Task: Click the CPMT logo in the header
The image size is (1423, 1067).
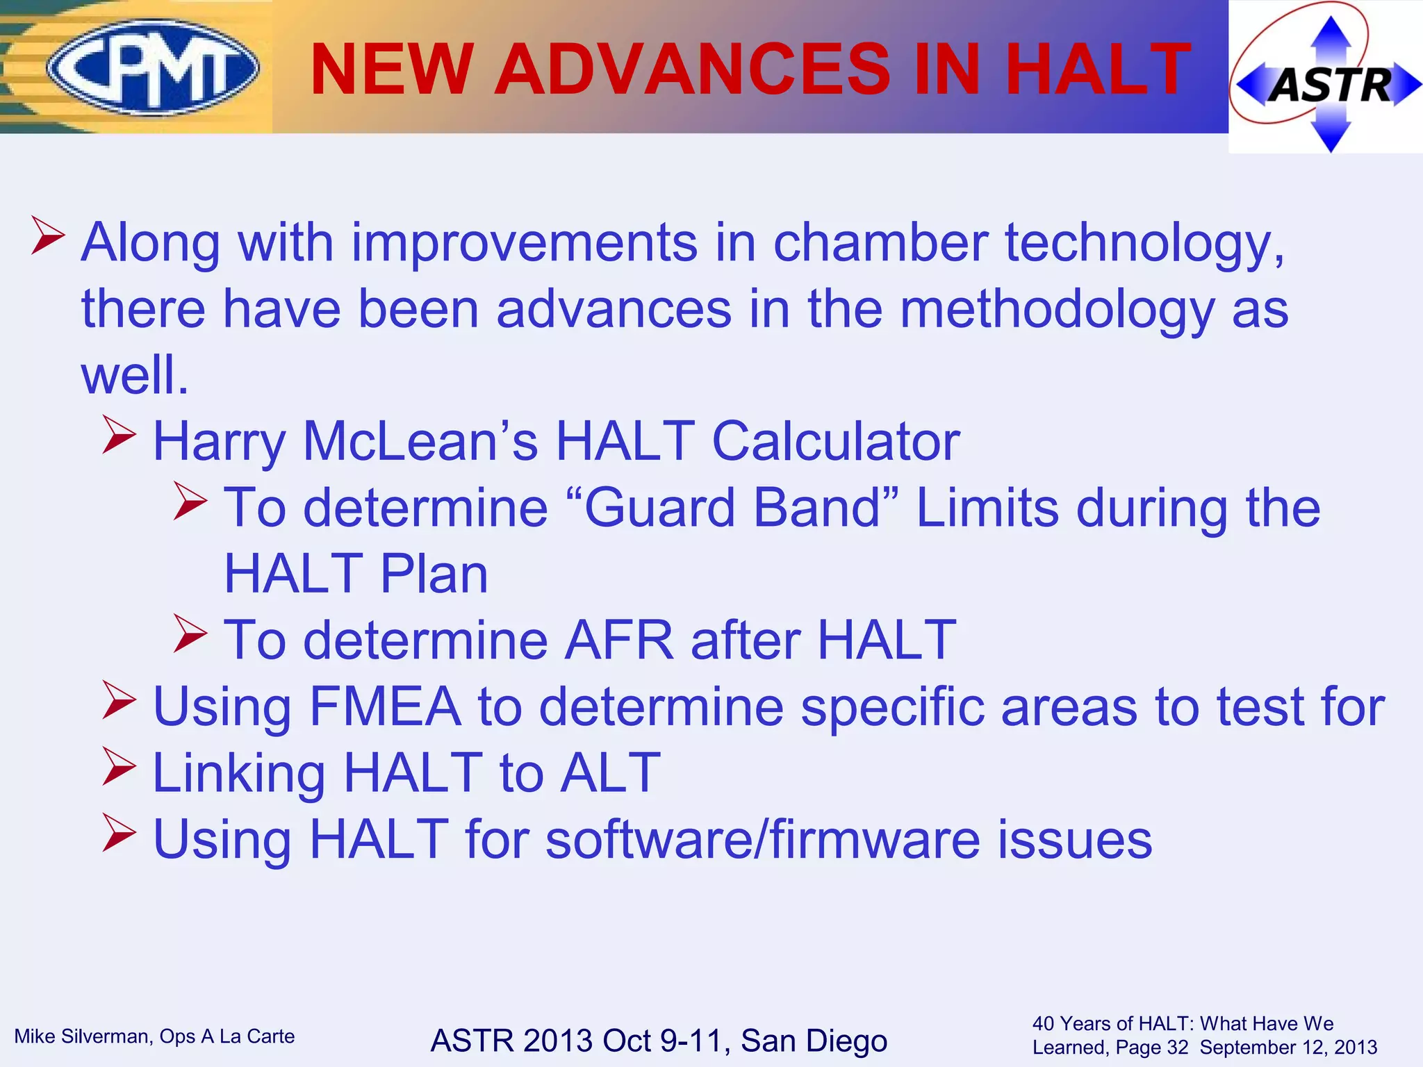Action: point(153,67)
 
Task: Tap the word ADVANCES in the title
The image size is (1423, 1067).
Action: point(691,69)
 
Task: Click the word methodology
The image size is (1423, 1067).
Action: point(1057,309)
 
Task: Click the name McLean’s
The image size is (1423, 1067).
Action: point(420,441)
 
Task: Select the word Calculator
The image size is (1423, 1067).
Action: point(836,441)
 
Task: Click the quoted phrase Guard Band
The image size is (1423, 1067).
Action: point(733,508)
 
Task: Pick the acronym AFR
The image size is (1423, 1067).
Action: point(618,640)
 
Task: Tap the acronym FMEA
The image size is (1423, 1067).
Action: point(385,706)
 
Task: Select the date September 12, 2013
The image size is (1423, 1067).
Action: point(1288,1048)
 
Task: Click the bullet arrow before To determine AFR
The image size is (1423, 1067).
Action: point(190,633)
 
